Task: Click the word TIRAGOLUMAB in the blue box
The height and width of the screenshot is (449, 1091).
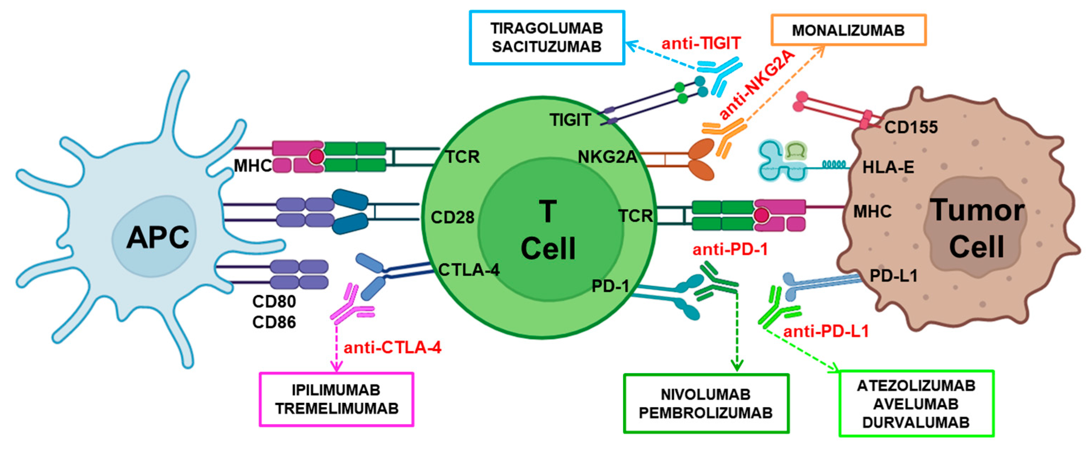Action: [546, 28]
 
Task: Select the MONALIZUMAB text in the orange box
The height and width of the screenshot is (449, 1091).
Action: [848, 31]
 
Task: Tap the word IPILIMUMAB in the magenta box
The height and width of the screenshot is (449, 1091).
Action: [336, 390]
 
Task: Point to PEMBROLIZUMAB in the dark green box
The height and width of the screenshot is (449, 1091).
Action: [705, 412]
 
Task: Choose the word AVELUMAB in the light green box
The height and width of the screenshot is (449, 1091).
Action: [916, 404]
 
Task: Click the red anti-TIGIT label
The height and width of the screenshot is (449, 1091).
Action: [701, 43]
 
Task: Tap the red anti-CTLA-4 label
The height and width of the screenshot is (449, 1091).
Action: [392, 348]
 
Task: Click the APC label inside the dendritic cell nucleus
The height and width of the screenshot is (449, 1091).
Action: [158, 237]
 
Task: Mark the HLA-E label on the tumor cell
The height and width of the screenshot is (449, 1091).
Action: [888, 167]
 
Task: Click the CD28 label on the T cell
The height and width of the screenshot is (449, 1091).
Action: [452, 217]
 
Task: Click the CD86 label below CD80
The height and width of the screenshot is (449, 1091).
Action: [274, 323]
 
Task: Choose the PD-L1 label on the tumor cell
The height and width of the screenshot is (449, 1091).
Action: [893, 276]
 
